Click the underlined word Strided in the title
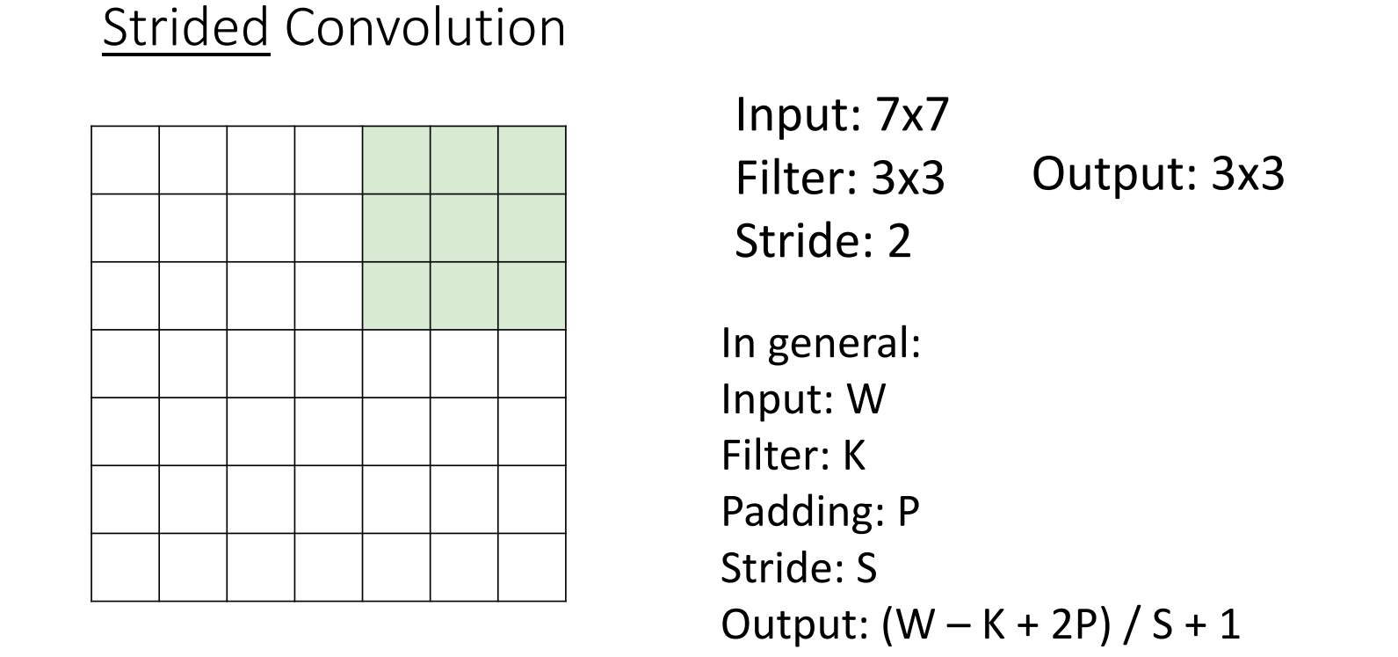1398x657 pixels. (x=185, y=28)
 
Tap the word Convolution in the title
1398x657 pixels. (x=424, y=28)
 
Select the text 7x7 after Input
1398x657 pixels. (x=912, y=114)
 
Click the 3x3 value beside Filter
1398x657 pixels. (x=908, y=179)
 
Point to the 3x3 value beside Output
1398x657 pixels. (x=1248, y=174)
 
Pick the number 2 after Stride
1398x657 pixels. (x=899, y=241)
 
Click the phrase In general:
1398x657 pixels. (x=820, y=343)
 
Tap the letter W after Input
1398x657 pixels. (x=866, y=398)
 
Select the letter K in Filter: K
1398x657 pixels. (x=853, y=455)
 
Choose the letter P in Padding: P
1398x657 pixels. (x=908, y=511)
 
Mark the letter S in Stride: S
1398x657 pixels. (x=866, y=567)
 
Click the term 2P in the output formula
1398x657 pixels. (x=1054, y=624)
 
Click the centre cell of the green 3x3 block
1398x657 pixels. (x=464, y=228)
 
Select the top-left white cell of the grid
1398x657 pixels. (x=125, y=160)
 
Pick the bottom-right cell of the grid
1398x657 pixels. (x=532, y=567)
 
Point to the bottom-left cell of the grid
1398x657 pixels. (x=125, y=567)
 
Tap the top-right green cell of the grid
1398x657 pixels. (x=532, y=160)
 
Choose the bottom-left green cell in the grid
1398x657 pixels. (x=396, y=296)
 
